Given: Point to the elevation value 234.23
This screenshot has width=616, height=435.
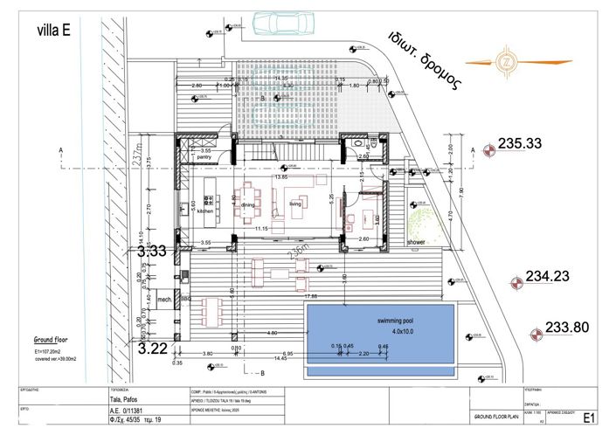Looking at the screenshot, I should tap(547, 277).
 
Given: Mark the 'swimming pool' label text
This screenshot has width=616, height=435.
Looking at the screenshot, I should tap(380, 321).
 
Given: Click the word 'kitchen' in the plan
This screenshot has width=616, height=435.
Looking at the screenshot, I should tap(204, 211).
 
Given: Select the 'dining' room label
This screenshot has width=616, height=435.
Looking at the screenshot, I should tap(248, 205).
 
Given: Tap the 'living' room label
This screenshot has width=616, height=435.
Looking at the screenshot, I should tap(295, 204).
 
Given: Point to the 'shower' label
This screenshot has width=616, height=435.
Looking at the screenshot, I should tap(416, 242).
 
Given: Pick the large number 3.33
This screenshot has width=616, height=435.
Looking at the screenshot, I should tap(152, 252).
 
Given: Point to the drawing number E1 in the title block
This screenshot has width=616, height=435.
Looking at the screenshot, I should tap(589, 417).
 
